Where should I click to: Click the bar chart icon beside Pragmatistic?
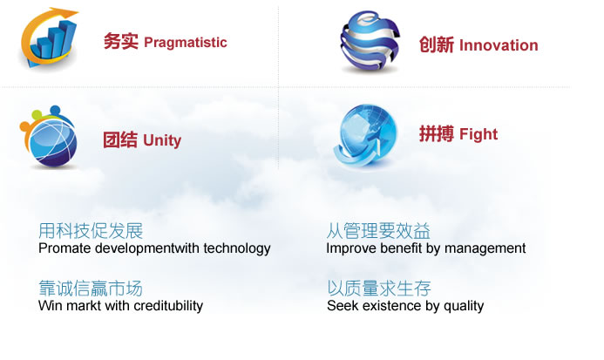coord(50,39)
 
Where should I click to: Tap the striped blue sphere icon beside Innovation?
coord(370,41)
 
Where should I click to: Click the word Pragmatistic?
coord(185,42)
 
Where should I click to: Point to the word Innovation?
coord(498,45)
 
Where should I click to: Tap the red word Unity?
coord(162,139)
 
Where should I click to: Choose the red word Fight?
coord(478,134)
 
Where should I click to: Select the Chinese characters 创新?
coord(436,45)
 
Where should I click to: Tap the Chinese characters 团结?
coord(120,139)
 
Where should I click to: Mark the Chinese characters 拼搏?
coord(436,134)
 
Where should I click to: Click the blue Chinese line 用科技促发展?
coord(91,231)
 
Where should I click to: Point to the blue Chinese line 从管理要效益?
coord(378,231)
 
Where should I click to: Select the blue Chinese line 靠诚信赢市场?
coord(91,289)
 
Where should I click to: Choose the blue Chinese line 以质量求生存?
coord(379,289)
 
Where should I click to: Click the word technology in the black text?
coord(237,248)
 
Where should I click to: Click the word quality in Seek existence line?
coord(463,306)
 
